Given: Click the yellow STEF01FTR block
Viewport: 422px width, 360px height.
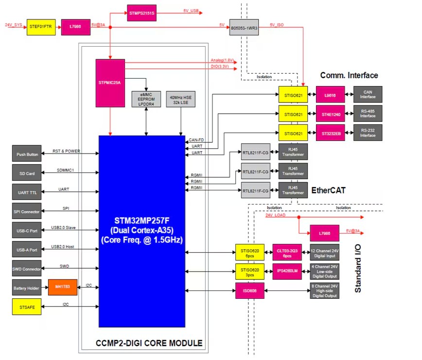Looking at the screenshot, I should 41,27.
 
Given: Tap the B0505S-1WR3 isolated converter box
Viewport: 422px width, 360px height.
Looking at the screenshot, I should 244,27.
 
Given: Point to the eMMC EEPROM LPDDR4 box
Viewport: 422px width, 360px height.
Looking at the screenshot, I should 146,98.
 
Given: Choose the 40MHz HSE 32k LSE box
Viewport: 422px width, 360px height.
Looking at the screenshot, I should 181,98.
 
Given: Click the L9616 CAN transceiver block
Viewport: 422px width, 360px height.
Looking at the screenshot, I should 331,94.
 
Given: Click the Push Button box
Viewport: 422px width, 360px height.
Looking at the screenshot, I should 27,154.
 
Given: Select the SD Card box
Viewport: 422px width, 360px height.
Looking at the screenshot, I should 27,173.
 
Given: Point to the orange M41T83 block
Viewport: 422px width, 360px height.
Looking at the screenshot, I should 63,288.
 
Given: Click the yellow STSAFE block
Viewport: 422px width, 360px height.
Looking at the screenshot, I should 27,307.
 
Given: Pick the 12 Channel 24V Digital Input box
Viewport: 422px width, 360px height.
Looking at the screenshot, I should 324,252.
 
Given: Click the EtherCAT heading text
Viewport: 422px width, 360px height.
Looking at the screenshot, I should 328,190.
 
